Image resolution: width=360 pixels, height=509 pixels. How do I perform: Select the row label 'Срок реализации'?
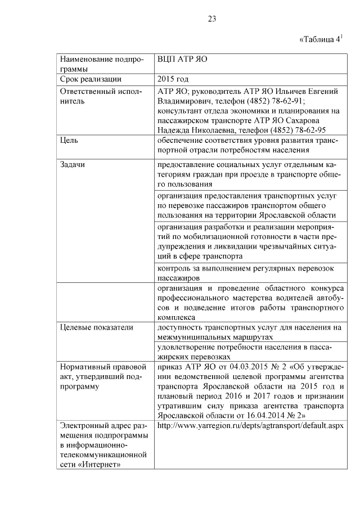click(91, 79)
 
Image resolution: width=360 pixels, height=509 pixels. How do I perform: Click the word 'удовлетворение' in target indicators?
click(189, 347)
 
